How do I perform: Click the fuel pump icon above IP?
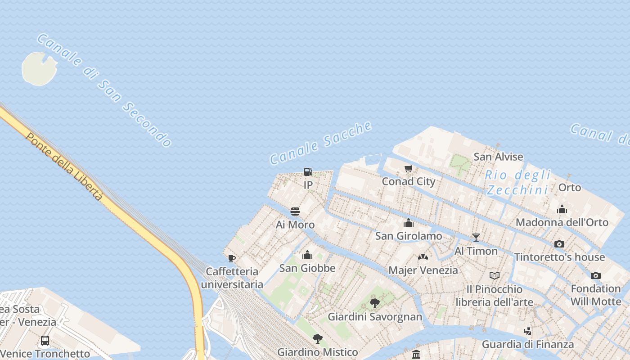click(308, 171)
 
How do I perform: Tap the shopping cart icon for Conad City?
click(409, 169)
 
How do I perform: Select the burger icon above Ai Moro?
click(295, 211)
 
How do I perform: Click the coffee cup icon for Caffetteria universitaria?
click(232, 258)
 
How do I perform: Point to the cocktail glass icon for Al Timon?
click(476, 238)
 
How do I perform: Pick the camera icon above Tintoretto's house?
click(559, 244)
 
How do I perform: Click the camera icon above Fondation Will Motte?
click(595, 275)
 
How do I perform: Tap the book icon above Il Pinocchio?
click(494, 275)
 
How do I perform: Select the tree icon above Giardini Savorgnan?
click(374, 303)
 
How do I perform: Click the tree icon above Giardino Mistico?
click(318, 339)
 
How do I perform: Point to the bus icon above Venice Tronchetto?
click(45, 340)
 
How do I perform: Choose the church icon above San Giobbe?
click(307, 255)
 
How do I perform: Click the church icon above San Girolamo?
click(409, 223)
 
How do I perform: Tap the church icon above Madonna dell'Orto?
click(562, 209)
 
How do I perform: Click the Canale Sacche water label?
click(320, 143)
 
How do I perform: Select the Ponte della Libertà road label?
click(64, 166)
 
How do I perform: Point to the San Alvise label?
click(498, 157)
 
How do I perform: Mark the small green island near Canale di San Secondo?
click(39, 68)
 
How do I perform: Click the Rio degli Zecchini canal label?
click(518, 182)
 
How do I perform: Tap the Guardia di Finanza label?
click(527, 344)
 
